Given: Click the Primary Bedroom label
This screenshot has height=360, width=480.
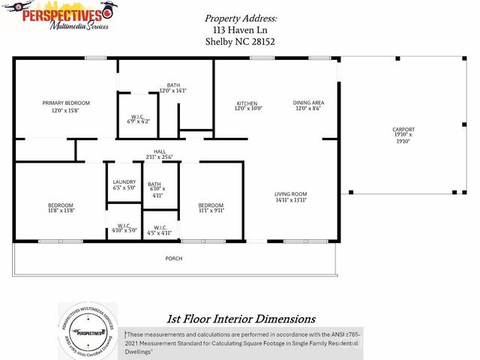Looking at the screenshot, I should point(66,103).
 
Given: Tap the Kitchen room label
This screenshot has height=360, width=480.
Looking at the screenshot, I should point(247,103).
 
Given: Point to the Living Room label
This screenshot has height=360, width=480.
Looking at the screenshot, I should point(290,194).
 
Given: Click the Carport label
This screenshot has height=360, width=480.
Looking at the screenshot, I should point(403,130).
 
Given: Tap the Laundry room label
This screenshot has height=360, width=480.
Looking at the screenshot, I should point(124,182).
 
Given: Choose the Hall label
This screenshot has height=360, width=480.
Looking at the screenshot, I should point(160,152).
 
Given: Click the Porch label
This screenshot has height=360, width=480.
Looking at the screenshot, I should point(174,259).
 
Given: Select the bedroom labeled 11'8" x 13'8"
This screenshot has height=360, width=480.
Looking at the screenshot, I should point(61,205).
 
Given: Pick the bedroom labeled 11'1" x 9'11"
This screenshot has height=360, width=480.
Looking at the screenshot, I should point(211,205).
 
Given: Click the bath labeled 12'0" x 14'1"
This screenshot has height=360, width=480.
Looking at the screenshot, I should point(173,85).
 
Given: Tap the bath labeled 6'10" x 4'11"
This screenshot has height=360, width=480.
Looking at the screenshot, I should point(154,185).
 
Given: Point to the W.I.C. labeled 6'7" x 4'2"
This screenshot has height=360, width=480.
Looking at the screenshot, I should point(137,117).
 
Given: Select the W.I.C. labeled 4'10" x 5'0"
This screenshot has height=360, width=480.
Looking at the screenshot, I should point(124,226).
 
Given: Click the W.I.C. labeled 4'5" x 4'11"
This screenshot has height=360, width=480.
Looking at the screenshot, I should point(158,228).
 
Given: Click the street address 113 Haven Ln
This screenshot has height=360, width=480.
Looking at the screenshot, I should point(240,30).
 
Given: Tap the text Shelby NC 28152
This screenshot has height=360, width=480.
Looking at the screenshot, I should point(240,42).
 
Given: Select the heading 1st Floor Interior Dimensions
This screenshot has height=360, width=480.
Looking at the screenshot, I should point(240,319).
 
